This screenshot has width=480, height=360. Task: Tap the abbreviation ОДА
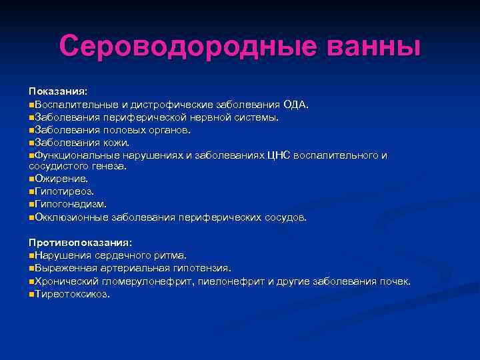[x=295, y=105]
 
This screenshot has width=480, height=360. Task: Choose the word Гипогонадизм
[x=70, y=204]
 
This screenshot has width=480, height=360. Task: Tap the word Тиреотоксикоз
[x=71, y=293]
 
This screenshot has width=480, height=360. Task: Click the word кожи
[x=116, y=142]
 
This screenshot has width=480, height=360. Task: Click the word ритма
[x=171, y=255]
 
